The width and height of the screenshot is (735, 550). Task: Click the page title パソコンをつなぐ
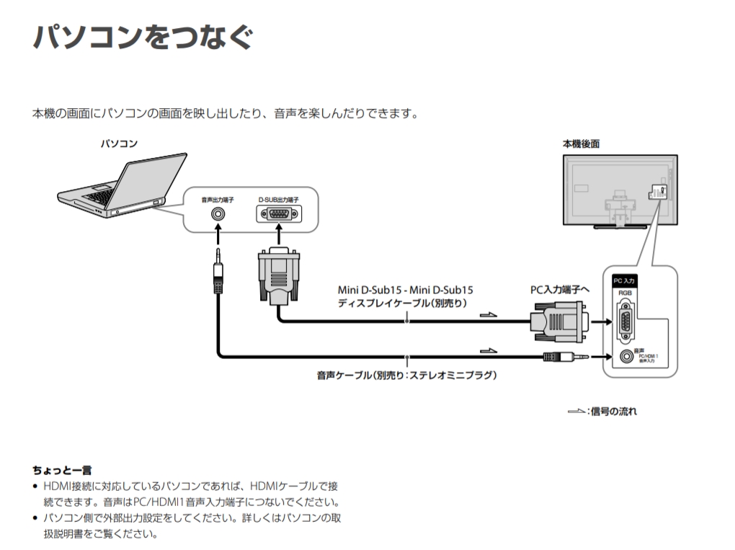143,37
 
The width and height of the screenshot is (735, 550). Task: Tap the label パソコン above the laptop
119,144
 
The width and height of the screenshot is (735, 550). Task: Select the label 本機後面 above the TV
581,144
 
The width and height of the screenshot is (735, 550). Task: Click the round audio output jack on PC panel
217,214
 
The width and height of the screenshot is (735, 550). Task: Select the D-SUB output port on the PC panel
278,214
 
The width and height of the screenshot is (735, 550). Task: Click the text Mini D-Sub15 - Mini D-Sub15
406,290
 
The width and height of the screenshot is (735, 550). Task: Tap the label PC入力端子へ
560,290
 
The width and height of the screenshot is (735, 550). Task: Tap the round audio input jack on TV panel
623,356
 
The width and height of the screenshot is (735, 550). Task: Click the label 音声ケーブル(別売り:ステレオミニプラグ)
407,375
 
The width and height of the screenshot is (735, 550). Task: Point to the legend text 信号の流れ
613,412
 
